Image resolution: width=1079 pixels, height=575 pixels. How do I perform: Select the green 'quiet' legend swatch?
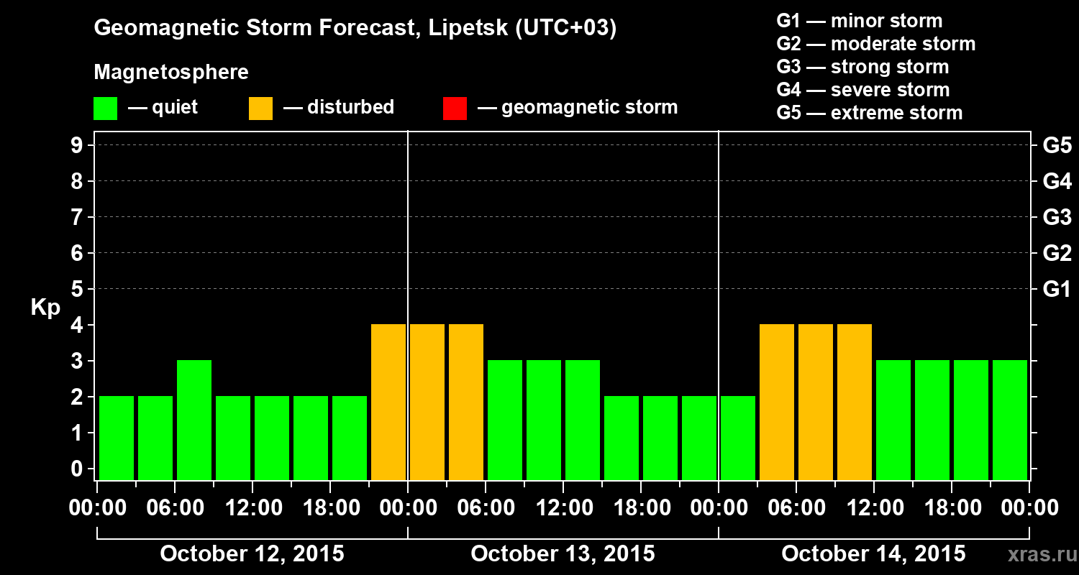click(105, 108)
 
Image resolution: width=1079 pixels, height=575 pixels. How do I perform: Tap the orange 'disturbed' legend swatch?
click(260, 108)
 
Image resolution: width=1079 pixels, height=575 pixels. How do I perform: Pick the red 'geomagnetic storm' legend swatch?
click(455, 108)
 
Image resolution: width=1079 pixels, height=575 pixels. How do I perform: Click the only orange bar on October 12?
click(388, 401)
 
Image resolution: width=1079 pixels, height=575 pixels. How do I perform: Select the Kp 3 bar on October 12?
click(194, 419)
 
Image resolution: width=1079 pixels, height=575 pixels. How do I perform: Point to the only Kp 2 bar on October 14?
click(738, 437)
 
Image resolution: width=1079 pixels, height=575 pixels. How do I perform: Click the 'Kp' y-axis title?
click(45, 308)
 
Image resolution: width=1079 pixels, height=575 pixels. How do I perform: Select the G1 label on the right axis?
click(1057, 290)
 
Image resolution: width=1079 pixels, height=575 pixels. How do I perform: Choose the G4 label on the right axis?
click(1057, 182)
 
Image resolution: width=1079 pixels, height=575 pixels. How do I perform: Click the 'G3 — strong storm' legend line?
click(862, 67)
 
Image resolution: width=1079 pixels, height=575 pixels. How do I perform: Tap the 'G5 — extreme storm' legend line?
click(869, 113)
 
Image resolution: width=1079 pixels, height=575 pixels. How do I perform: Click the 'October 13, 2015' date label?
click(563, 553)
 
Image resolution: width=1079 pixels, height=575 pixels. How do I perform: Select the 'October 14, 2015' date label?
click(873, 553)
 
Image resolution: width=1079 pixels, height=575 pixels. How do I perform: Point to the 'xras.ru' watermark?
click(1037, 555)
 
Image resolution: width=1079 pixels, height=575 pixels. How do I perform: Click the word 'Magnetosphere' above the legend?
click(171, 73)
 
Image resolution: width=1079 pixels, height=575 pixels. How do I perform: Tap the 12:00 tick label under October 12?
click(252, 508)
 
